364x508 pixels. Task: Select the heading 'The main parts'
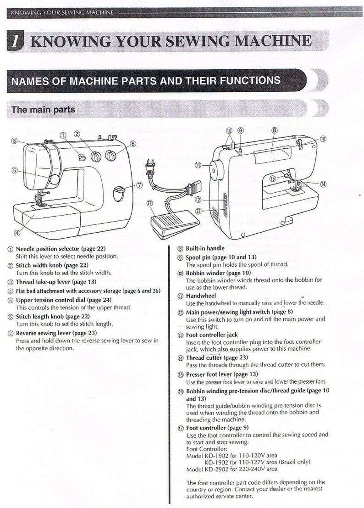click(43, 110)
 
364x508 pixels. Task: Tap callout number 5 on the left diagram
click(15, 170)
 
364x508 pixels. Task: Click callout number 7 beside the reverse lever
click(139, 185)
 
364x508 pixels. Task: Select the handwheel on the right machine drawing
click(214, 170)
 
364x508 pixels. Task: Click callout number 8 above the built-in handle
click(274, 130)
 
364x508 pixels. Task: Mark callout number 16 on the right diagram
click(323, 138)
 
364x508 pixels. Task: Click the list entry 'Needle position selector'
click(61, 249)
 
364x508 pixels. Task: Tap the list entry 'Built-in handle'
click(205, 248)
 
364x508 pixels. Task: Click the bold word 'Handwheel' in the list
click(201, 296)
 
